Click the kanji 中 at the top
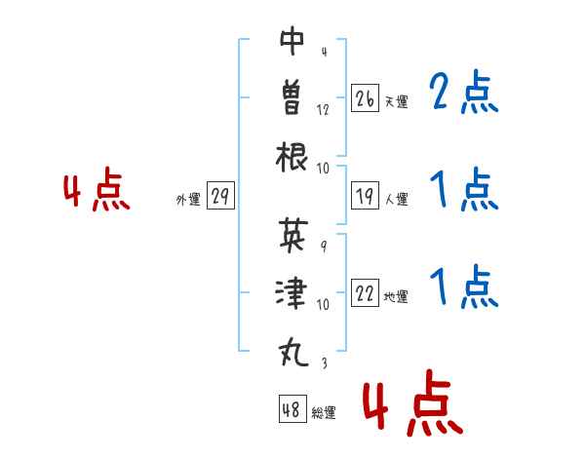tap(292, 41)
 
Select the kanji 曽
tap(292, 97)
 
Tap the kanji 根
tap(292, 157)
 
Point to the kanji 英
tap(293, 235)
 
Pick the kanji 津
tap(292, 292)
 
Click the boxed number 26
tap(365, 98)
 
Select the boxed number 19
tap(365, 196)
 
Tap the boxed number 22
tap(365, 292)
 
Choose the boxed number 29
tap(220, 195)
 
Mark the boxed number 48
tap(292, 408)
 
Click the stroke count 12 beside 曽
tap(323, 110)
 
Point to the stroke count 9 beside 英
tap(324, 246)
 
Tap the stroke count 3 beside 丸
tap(325, 363)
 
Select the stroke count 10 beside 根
tap(323, 169)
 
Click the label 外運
tap(188, 200)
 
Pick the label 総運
tap(324, 413)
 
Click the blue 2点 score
tap(464, 92)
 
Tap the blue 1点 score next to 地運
tap(464, 286)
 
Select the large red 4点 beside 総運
tap(413, 402)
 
